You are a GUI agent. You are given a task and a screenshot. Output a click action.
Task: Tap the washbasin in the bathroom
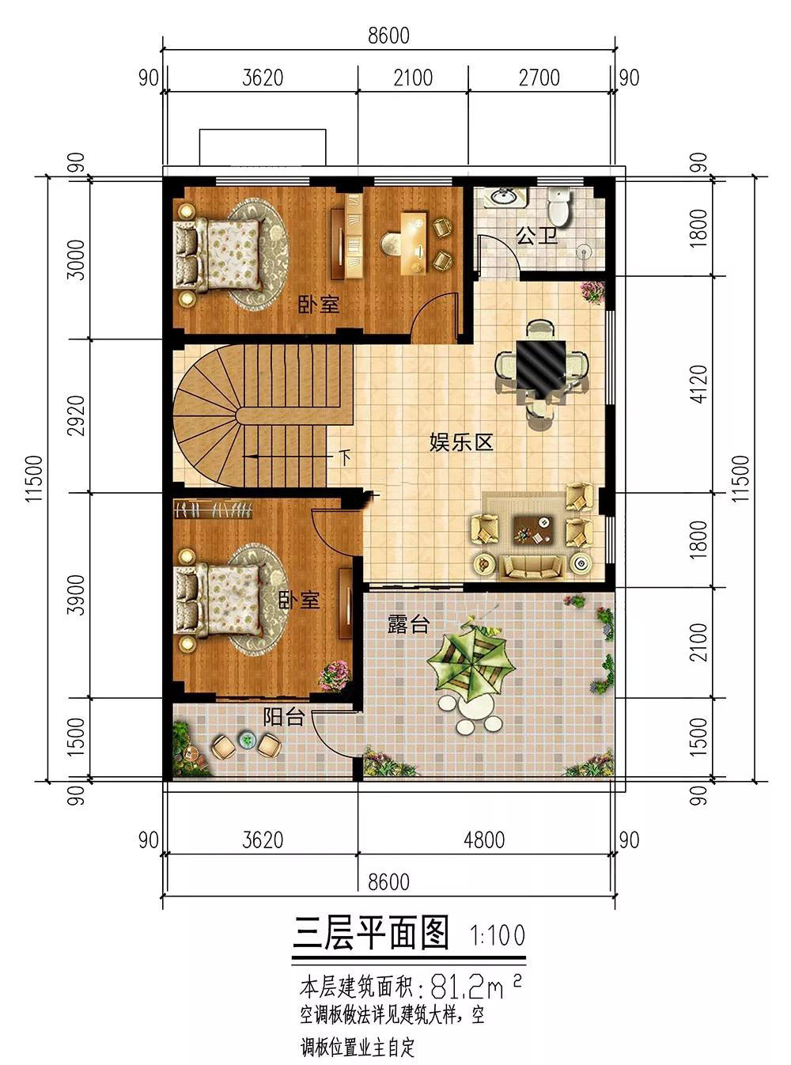pyautogui.click(x=505, y=196)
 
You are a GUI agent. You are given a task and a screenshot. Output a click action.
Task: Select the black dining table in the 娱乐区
pyautogui.click(x=541, y=369)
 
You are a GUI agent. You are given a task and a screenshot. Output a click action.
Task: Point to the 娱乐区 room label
pyautogui.click(x=461, y=442)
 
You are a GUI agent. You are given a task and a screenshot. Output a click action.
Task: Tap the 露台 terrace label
pyautogui.click(x=408, y=625)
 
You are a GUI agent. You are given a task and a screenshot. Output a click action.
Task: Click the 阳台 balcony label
pyautogui.click(x=284, y=718)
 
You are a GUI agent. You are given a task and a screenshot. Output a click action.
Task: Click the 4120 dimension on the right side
pyautogui.click(x=699, y=384)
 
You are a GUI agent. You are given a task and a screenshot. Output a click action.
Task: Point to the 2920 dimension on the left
pyautogui.click(x=76, y=415)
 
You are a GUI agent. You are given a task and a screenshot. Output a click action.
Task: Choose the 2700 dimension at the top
pyautogui.click(x=539, y=78)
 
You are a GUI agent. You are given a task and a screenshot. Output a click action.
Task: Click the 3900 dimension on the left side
pyautogui.click(x=76, y=594)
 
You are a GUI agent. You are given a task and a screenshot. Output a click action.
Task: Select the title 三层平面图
pyautogui.click(x=370, y=933)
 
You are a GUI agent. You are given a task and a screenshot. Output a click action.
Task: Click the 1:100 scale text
pyautogui.click(x=498, y=935)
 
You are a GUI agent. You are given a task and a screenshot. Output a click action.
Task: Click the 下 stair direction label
pyautogui.click(x=345, y=457)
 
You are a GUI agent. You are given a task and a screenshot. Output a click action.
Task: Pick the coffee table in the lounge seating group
pyautogui.click(x=533, y=529)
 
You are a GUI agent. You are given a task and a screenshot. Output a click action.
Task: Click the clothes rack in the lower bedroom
pyautogui.click(x=213, y=509)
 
